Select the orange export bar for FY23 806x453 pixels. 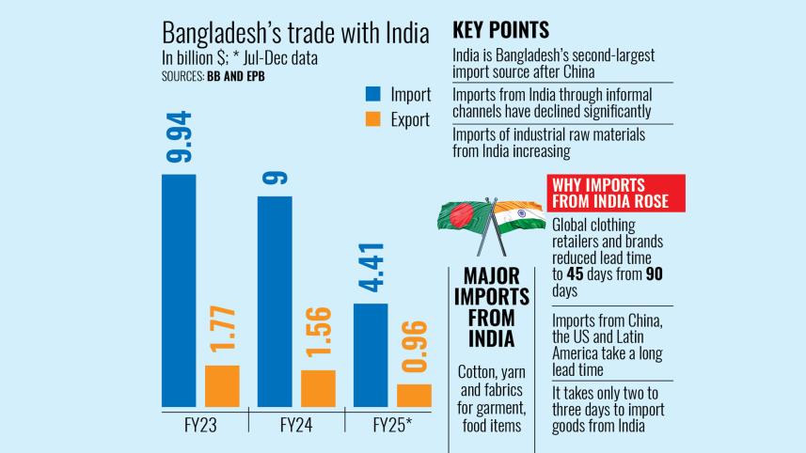tap(222, 385)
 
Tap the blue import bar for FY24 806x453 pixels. tap(275, 301)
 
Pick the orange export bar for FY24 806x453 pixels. tap(318, 387)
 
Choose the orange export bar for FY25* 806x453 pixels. tap(414, 395)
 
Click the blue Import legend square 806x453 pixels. tap(372, 94)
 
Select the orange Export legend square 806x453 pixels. tap(372, 119)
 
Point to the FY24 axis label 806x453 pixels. tap(296, 425)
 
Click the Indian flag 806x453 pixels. tap(517, 219)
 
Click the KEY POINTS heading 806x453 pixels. tap(501, 29)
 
